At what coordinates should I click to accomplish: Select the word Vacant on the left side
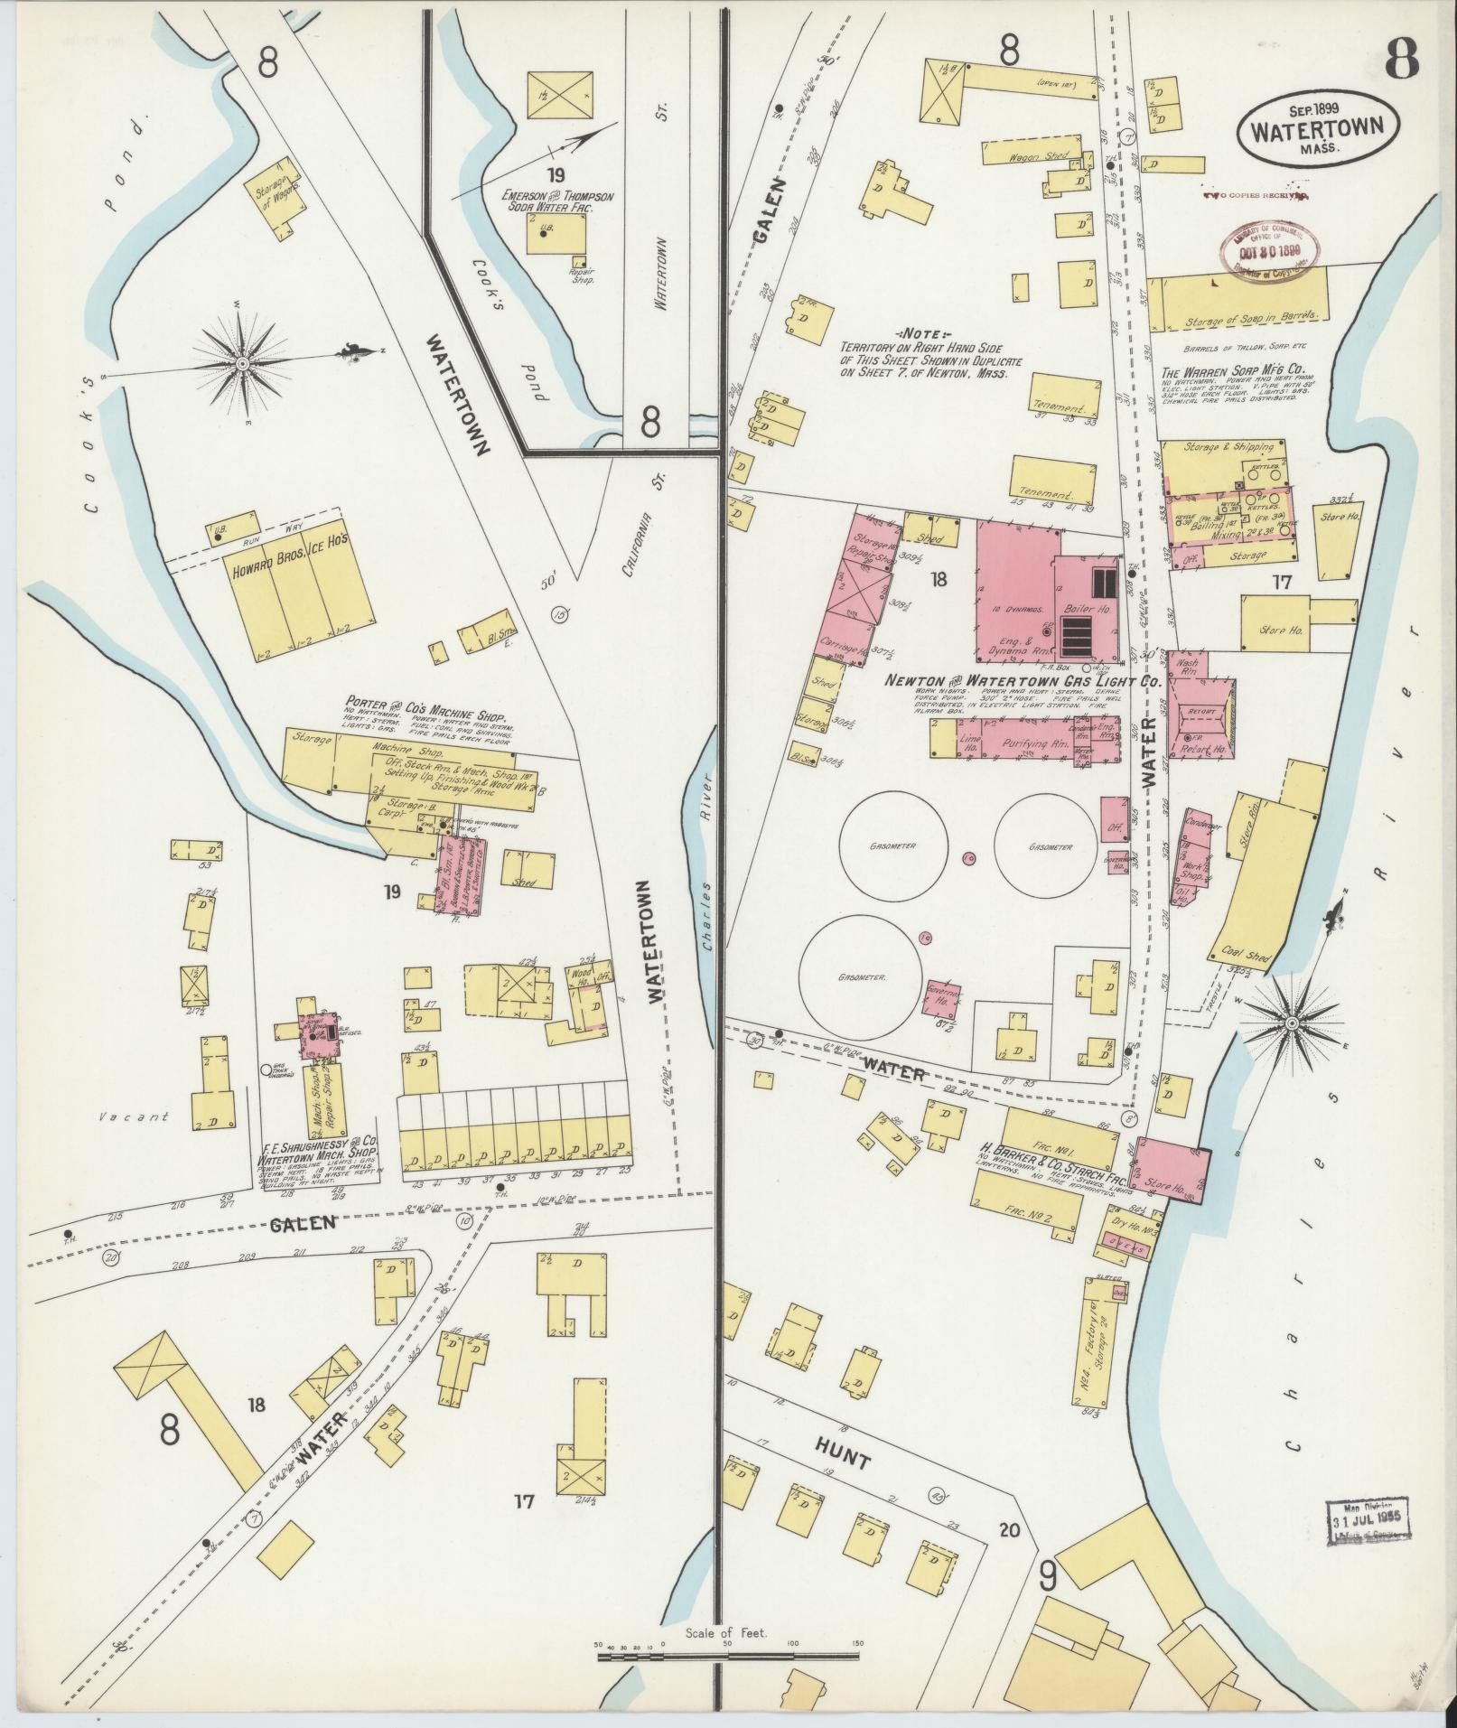click(x=135, y=1117)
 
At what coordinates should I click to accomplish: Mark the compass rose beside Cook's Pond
click(x=242, y=362)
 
